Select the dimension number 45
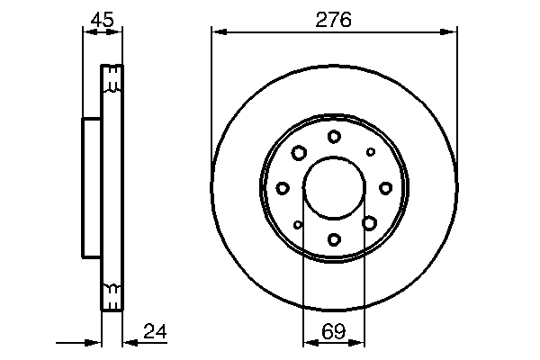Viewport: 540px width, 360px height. (x=102, y=18)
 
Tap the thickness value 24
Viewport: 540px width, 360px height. (x=155, y=333)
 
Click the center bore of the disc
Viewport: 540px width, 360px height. (x=334, y=187)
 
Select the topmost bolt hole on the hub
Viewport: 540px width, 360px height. (x=334, y=136)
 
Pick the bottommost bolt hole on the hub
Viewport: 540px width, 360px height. (x=334, y=238)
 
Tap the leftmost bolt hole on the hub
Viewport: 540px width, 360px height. (x=283, y=187)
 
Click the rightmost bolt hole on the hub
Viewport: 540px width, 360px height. (x=385, y=187)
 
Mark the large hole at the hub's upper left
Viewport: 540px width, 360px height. (x=299, y=153)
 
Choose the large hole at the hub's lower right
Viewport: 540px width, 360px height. (x=369, y=221)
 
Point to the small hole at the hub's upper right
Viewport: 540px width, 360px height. (x=369, y=151)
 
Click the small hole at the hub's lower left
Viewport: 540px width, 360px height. (x=298, y=224)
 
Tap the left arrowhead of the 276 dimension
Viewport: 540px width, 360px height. (x=217, y=32)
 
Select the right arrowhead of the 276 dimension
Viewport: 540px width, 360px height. (x=452, y=32)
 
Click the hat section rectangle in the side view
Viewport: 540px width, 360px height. (x=91, y=187)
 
